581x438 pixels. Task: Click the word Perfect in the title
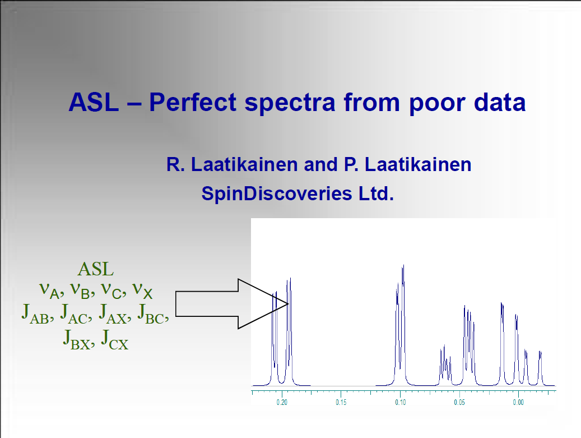pos(193,102)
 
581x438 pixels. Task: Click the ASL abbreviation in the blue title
pos(94,102)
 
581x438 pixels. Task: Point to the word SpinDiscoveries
pos(276,193)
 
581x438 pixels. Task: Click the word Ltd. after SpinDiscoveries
pos(376,193)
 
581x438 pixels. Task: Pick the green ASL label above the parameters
pos(96,269)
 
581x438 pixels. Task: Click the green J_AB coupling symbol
pos(35,314)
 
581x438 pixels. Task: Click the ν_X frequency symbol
pos(142,291)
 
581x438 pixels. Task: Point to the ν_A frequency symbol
pos(49,291)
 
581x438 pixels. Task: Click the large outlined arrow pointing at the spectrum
pos(231,304)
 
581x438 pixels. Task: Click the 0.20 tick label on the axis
pos(282,403)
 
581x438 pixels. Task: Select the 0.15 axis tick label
pos(341,403)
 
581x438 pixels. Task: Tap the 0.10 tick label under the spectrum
pos(400,403)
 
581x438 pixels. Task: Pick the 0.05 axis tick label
pos(459,403)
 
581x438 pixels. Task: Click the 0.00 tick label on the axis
pos(518,403)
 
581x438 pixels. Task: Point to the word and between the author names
pos(320,165)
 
